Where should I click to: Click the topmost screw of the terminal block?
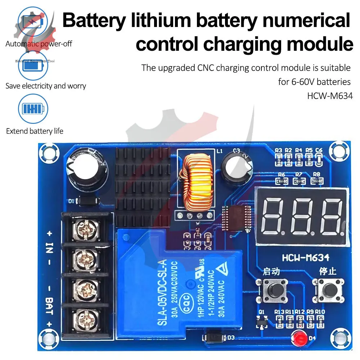pyautogui.click(x=86, y=229)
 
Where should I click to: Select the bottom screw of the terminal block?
pyautogui.click(x=86, y=319)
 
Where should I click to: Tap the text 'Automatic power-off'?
pyautogui.click(x=39, y=44)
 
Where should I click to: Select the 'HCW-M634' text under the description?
pyautogui.click(x=329, y=96)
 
